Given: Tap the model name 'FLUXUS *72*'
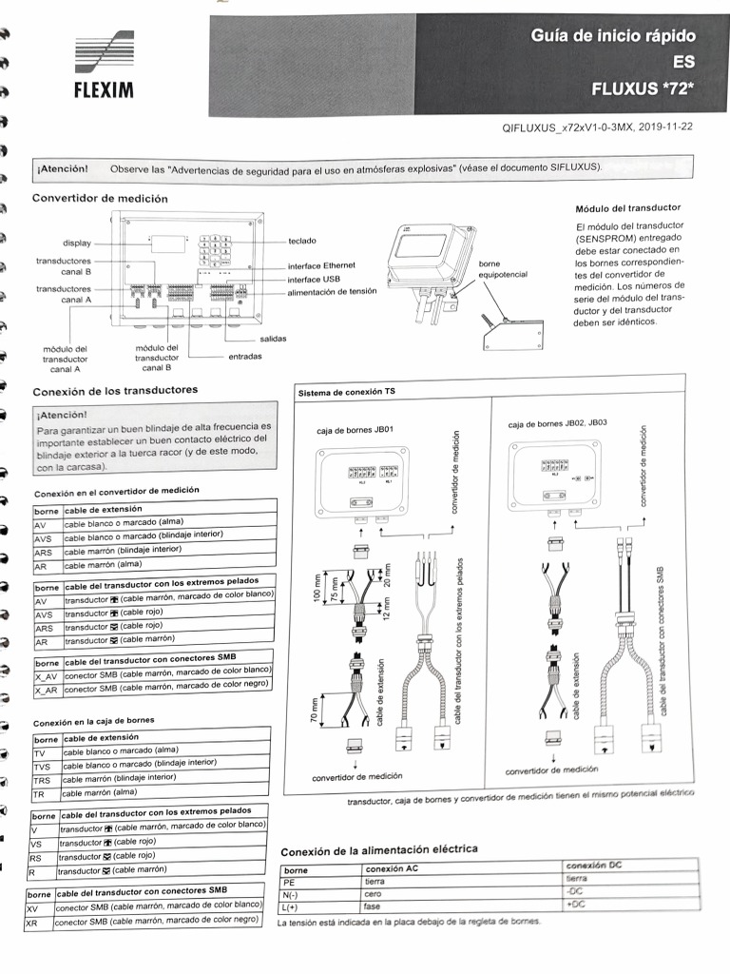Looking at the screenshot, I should point(643,90).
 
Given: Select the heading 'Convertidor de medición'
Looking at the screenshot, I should point(100,198).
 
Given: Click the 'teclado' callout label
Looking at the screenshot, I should point(302,242).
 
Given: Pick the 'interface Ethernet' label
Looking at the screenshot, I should point(321,266).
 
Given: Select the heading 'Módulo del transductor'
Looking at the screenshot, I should point(628,207).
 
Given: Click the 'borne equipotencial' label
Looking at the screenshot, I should point(503,268).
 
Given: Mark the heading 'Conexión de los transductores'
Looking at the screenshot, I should point(115,391).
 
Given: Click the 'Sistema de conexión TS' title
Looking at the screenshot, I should point(347,392).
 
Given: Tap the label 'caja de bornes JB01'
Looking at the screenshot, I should point(349,430).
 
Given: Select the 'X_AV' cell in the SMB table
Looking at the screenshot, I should point(46,676).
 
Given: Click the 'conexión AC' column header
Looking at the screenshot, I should point(392,869).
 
